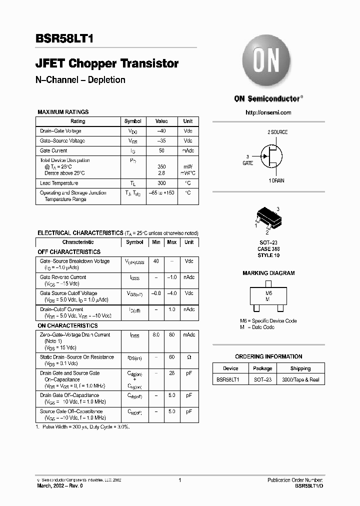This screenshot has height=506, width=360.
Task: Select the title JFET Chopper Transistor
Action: tap(107, 63)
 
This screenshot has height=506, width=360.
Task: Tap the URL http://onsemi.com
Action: tap(268, 112)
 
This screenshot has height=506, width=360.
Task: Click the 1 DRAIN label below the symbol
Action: tap(276, 180)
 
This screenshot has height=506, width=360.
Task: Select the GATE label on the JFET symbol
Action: tap(248, 163)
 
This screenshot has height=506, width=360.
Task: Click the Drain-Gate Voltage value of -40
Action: tap(161, 131)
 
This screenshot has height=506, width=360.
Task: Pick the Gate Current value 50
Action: tap(161, 150)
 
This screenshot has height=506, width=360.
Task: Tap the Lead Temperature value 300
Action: tap(161, 183)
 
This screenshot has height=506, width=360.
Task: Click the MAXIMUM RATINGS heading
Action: tap(63, 112)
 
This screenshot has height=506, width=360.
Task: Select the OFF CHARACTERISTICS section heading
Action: tap(69, 252)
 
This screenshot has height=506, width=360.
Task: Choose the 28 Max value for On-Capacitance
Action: tap(171, 373)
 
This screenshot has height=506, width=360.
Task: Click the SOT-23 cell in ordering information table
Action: tap(262, 379)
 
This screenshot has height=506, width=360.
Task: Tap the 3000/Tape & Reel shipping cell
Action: tap(300, 379)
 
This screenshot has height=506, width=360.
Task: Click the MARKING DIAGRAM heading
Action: tap(268, 273)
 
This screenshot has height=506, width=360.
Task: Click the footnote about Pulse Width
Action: tap(82, 426)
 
